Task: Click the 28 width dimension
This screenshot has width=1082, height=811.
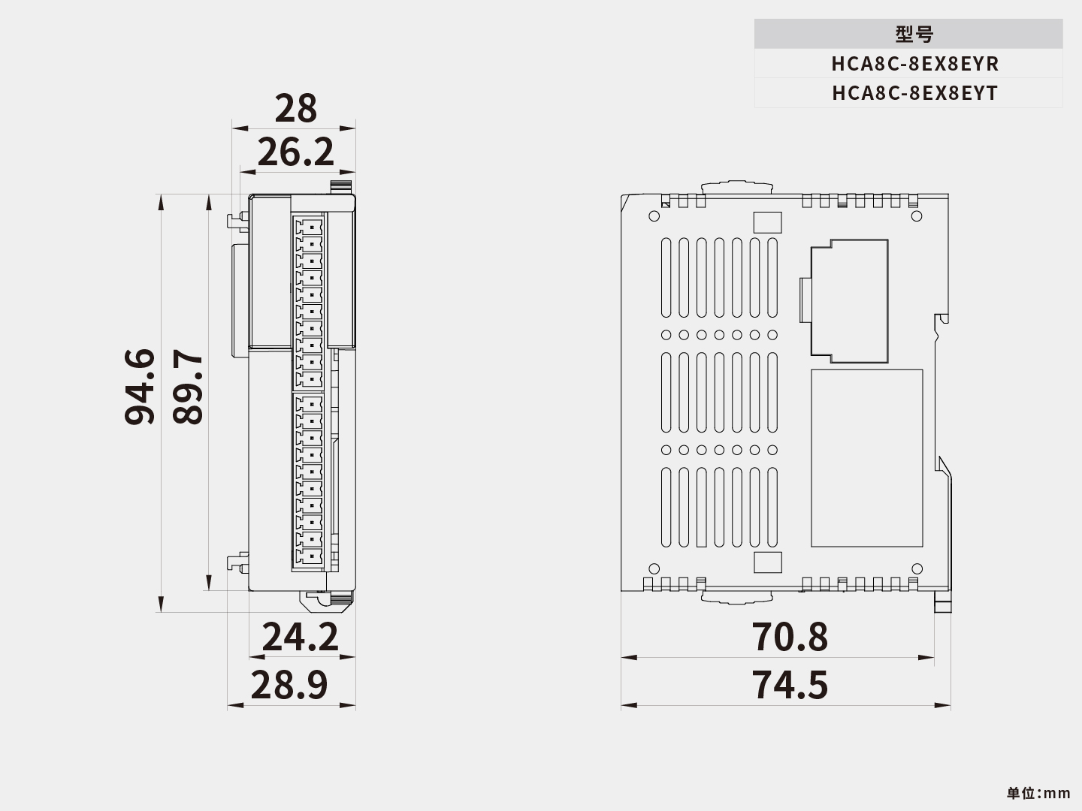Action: pyautogui.click(x=295, y=109)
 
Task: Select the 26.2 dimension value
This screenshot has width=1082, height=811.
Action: pyautogui.click(x=295, y=153)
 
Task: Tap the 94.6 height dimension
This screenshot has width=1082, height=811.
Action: pyautogui.click(x=140, y=387)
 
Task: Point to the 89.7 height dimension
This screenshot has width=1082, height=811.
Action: pyautogui.click(x=187, y=387)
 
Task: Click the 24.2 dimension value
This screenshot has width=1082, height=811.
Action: pyautogui.click(x=300, y=638)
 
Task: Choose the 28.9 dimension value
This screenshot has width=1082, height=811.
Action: pyautogui.click(x=289, y=685)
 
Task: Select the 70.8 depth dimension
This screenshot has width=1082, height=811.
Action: pyautogui.click(x=790, y=637)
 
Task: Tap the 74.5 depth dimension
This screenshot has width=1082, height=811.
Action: pyautogui.click(x=790, y=685)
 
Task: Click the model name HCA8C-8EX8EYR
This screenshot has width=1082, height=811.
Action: pyautogui.click(x=914, y=64)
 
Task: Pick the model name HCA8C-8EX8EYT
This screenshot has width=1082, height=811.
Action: pyautogui.click(x=914, y=93)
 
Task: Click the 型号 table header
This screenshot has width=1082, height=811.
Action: pyautogui.click(x=914, y=35)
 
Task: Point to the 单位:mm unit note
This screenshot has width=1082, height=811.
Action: pyautogui.click(x=1038, y=793)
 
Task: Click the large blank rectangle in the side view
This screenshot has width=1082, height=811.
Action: pyautogui.click(x=866, y=458)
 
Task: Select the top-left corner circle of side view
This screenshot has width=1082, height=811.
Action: pyautogui.click(x=654, y=216)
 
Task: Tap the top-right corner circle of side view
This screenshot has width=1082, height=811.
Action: pyautogui.click(x=916, y=216)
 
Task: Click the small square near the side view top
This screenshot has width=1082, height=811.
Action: pyautogui.click(x=767, y=222)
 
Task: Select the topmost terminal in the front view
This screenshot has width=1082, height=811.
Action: pyautogui.click(x=310, y=225)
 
